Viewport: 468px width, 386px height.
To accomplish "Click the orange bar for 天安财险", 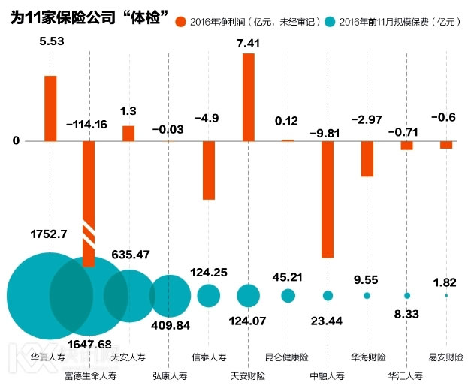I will click(x=248, y=97).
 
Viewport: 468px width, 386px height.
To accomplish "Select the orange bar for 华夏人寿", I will click(x=50, y=108).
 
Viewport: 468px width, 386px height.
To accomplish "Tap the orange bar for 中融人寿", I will click(x=328, y=199).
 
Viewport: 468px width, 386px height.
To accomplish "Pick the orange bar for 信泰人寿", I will click(x=209, y=170).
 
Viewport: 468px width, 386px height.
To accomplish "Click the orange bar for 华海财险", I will click(x=367, y=158).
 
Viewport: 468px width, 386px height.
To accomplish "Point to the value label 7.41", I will click(x=248, y=44).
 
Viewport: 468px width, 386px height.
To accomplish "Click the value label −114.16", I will click(x=89, y=125).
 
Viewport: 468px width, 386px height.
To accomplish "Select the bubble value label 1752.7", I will click(x=49, y=234).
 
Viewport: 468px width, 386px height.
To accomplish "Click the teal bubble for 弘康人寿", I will click(x=171, y=295).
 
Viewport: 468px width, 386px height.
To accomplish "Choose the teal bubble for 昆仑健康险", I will click(x=288, y=296).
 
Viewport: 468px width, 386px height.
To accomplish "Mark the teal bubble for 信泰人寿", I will click(x=209, y=295).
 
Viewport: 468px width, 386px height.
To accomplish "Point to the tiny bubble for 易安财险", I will click(x=446, y=296).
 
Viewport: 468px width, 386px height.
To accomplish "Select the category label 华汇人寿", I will click(x=406, y=374).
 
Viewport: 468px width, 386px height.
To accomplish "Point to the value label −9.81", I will click(x=328, y=132).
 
